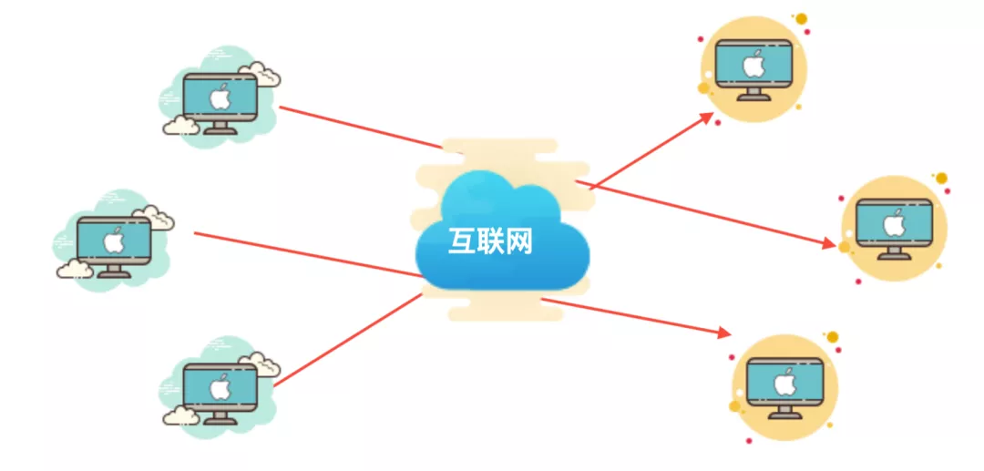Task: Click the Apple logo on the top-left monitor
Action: click(219, 97)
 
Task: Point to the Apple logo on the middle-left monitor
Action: click(113, 241)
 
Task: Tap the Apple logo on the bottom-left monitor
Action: click(219, 386)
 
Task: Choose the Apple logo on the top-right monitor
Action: click(753, 65)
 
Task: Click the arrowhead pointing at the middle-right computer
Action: click(828, 244)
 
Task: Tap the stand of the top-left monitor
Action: click(219, 128)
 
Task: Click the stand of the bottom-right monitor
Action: click(784, 412)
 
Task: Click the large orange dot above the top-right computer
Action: click(801, 18)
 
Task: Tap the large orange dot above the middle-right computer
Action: click(941, 178)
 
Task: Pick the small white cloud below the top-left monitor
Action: click(180, 126)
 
